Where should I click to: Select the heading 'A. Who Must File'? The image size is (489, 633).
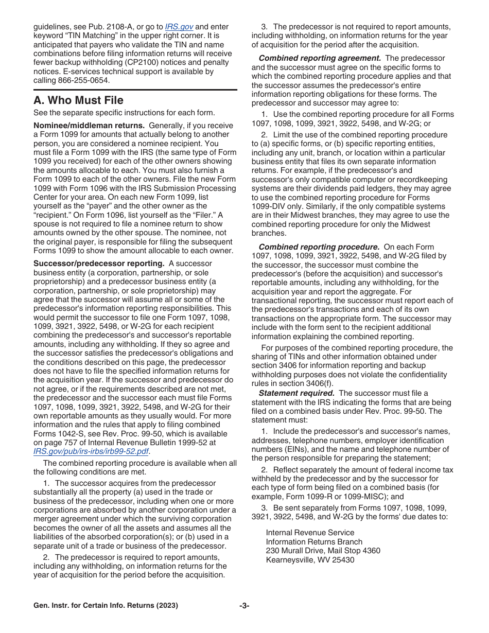coord(78,100)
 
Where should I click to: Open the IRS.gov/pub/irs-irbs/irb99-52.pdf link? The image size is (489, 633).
coord(92,451)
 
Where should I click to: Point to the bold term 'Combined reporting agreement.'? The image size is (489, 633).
coord(320,58)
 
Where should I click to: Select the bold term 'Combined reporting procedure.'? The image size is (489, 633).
coord(319,247)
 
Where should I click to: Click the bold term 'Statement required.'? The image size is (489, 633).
coord(296,393)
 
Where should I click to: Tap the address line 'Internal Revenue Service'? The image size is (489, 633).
coord(310,533)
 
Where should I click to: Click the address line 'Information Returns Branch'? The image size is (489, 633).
coord(314,541)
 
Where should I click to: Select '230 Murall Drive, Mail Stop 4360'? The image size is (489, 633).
coord(323,551)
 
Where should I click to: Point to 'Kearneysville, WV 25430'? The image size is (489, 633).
coord(310,560)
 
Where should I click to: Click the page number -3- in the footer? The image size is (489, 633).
coord(244,606)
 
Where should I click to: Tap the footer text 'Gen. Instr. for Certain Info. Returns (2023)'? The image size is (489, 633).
coord(106,606)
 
